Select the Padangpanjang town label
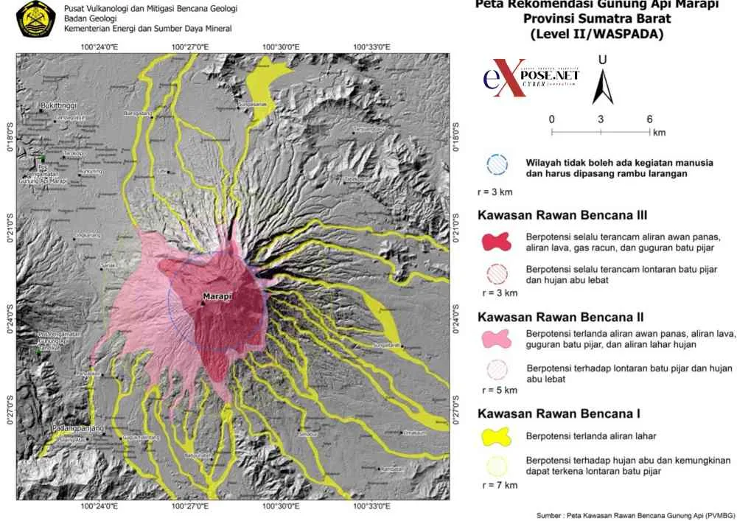click(x=73, y=428)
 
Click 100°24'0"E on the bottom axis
click(x=104, y=507)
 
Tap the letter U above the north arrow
click(x=603, y=59)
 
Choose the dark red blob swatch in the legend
click(x=497, y=242)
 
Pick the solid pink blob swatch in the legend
click(x=497, y=338)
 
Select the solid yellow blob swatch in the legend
click(x=497, y=435)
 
